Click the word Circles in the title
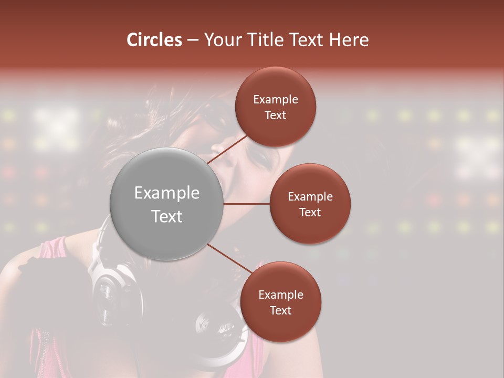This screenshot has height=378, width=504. [154, 40]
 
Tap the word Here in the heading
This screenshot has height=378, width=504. [349, 40]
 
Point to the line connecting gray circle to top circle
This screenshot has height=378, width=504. [229, 149]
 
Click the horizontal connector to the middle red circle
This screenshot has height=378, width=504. [247, 204]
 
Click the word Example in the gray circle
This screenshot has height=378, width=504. [167, 193]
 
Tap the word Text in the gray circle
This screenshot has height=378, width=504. [167, 216]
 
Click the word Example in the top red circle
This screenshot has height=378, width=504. [276, 100]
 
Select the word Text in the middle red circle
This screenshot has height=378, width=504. [310, 212]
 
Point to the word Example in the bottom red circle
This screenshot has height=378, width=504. [281, 295]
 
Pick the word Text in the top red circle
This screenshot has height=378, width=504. [275, 115]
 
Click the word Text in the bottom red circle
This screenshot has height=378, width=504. [280, 310]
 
